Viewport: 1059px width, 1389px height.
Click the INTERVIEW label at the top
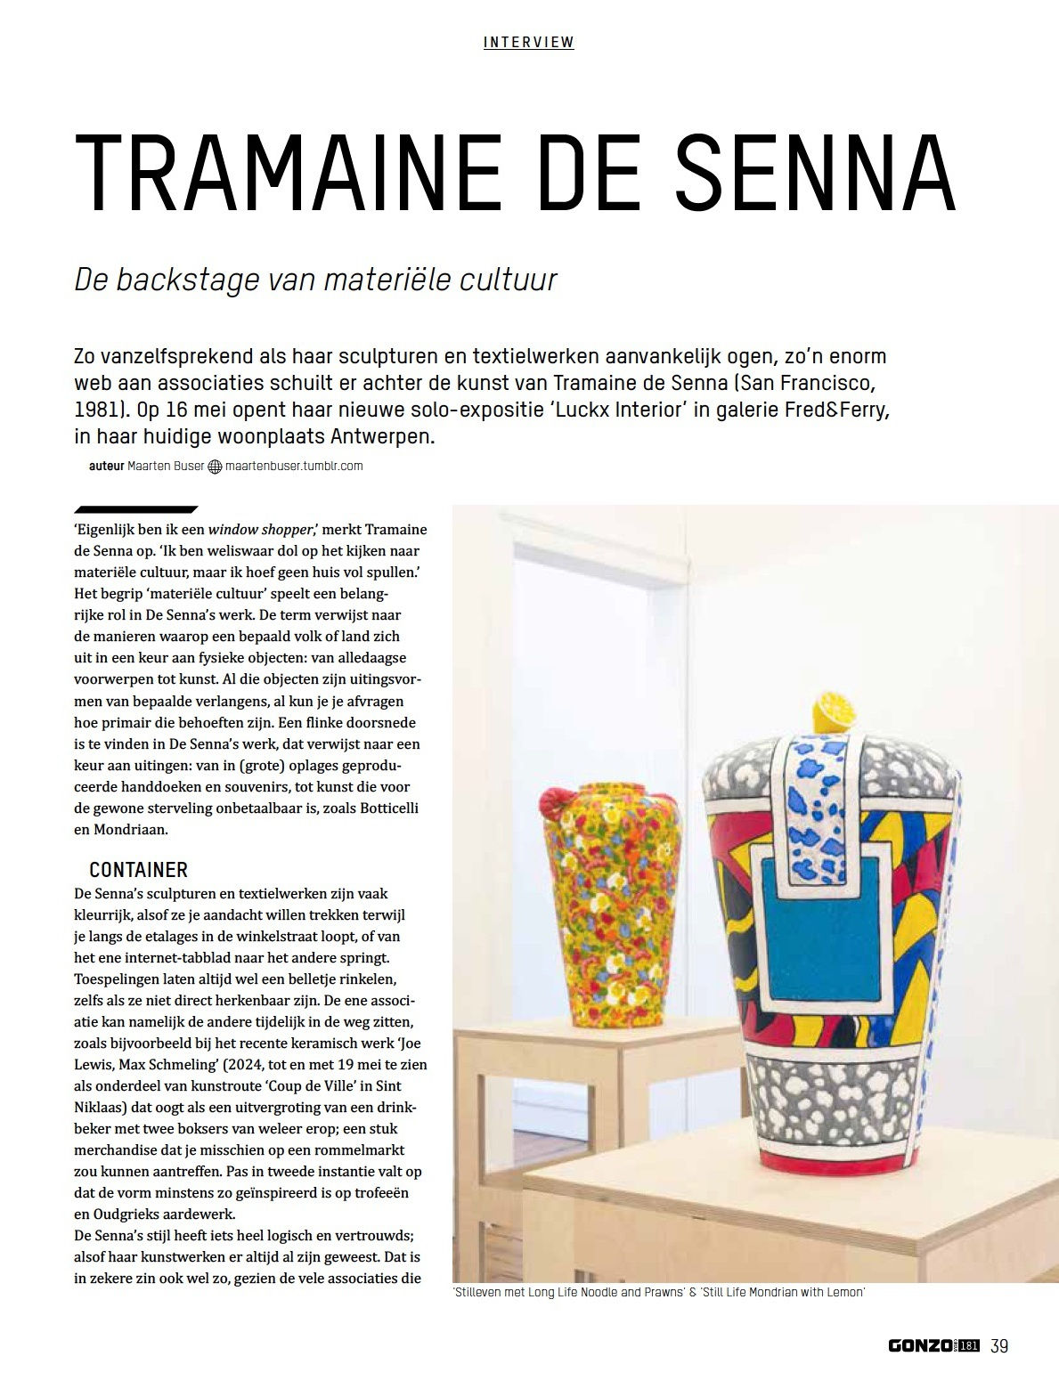point(528,42)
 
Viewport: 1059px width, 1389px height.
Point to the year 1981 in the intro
point(96,410)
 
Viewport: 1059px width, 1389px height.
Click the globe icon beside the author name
point(215,467)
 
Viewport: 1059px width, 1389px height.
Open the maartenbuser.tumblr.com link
point(294,466)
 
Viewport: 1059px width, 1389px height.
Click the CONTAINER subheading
point(138,870)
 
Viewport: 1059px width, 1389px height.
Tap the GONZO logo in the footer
point(921,1345)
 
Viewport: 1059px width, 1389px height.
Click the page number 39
point(999,1345)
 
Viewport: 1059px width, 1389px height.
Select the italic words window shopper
point(260,529)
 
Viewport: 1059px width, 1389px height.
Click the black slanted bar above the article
point(135,510)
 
